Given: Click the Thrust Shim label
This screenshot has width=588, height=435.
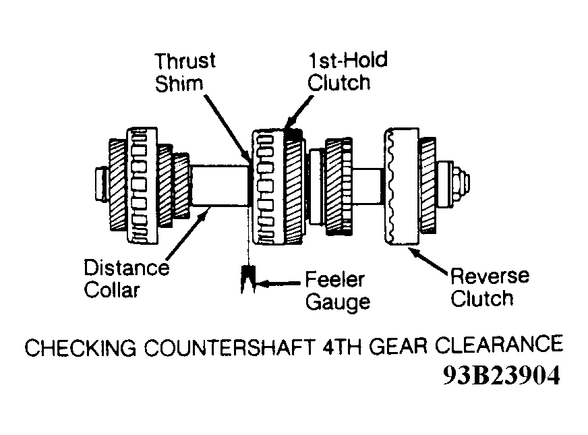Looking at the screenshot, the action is click(185, 72).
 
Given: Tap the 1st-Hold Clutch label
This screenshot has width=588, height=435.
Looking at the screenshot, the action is click(347, 72).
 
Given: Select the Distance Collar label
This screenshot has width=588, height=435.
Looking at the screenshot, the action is click(126, 279).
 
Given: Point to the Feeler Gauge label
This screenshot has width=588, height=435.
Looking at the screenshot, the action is click(338, 291).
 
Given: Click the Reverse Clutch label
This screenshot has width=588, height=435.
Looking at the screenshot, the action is click(490, 287).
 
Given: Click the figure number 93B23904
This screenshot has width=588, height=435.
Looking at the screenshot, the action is click(502, 375).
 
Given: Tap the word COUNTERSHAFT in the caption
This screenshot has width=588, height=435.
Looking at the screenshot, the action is click(229, 347).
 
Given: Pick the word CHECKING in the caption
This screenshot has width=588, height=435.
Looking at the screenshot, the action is click(80, 347).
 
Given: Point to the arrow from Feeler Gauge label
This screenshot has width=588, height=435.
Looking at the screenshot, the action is click(278, 283).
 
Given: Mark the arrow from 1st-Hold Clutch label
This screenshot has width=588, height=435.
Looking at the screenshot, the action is click(299, 113).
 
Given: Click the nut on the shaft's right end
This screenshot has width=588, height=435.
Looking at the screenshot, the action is click(460, 183).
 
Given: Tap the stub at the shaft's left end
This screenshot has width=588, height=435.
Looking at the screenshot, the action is click(101, 185).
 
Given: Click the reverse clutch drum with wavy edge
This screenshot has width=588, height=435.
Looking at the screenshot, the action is click(402, 186).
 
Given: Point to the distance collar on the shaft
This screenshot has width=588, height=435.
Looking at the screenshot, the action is click(219, 186).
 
